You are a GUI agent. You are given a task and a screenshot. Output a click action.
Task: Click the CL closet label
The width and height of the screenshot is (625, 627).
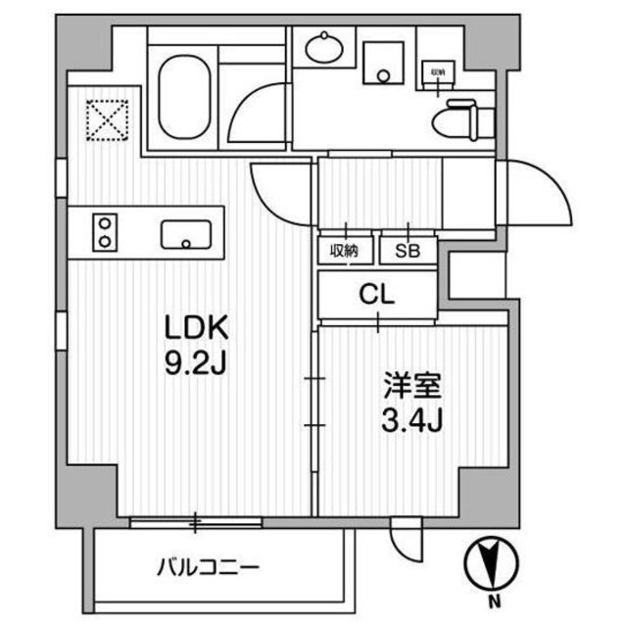pyautogui.click(x=376, y=295)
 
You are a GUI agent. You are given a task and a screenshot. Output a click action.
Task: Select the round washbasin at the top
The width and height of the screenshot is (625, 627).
pyautogui.click(x=324, y=47)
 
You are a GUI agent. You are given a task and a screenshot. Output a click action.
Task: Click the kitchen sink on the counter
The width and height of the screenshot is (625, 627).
pyautogui.click(x=185, y=234)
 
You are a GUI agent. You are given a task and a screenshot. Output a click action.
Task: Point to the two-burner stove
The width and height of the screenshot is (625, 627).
pyautogui.click(x=104, y=233)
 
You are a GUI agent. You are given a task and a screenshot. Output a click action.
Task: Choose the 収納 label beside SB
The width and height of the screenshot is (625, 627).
pyautogui.click(x=344, y=251)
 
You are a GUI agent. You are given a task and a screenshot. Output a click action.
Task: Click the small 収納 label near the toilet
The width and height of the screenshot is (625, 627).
pyautogui.click(x=436, y=72)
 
